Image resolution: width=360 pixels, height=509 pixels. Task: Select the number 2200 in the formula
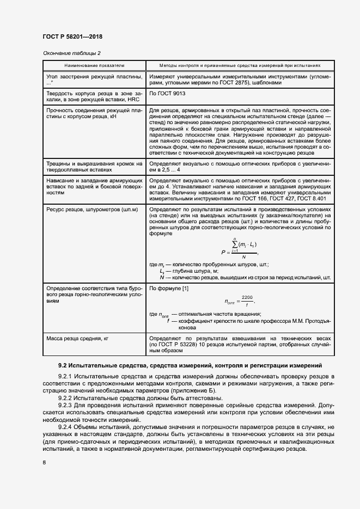coord(248,297)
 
